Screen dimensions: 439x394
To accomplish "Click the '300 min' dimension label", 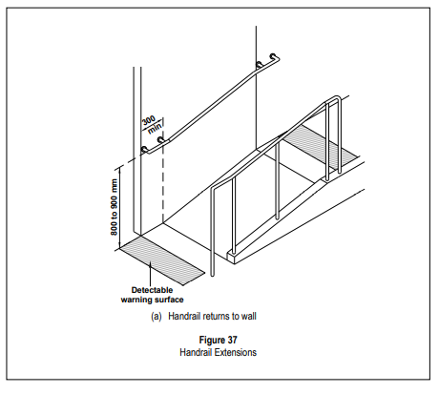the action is (152, 125).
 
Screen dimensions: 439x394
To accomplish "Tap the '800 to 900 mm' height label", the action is (114, 207).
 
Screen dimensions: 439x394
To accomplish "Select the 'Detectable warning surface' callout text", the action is (152, 295).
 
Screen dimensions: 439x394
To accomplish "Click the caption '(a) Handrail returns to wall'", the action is (203, 316).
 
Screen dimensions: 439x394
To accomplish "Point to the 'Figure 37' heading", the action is (218, 340).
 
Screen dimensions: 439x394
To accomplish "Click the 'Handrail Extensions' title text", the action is (218, 352).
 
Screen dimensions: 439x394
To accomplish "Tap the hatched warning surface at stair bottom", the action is (161, 259).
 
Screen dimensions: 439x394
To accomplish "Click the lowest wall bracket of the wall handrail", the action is (144, 150).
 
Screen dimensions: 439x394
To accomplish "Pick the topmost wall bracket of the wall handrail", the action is (273, 56).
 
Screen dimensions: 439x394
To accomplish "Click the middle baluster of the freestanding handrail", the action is (278, 180).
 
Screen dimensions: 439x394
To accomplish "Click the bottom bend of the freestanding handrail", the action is (214, 188).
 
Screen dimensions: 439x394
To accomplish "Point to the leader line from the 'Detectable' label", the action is (150, 274).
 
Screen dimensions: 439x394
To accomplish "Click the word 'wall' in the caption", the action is (249, 316).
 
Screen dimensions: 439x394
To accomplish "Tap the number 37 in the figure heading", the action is (232, 340).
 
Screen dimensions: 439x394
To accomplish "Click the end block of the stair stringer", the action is (231, 257).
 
